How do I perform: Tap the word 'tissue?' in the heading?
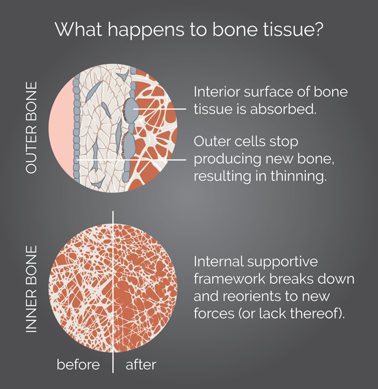click(293, 30)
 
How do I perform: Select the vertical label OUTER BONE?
click(31, 128)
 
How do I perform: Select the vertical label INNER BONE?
click(31, 289)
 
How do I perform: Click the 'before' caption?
click(78, 365)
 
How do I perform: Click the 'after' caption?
click(141, 365)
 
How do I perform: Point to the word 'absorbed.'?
click(283, 109)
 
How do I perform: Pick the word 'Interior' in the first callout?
click(217, 92)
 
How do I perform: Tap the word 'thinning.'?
click(298, 176)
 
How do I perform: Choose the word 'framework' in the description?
click(230, 279)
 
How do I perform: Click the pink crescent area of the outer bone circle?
click(61, 128)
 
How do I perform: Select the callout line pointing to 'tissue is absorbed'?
click(160, 109)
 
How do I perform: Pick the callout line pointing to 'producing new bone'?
click(131, 160)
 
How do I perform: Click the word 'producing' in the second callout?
click(227, 159)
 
